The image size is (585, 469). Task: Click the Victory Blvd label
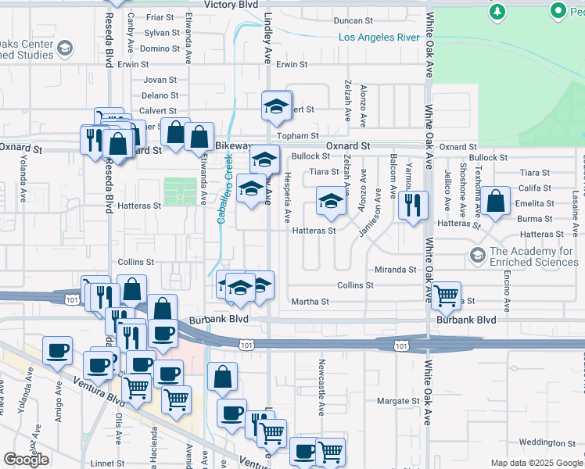pos(230,5)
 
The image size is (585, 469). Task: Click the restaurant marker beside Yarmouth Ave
pos(413,205)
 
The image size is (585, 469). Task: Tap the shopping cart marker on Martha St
pos(445,295)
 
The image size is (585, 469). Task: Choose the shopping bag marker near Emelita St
pos(496,200)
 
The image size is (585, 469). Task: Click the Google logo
pos(26,460)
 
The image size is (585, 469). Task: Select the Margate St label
pos(399,401)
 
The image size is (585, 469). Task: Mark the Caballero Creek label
pos(224,188)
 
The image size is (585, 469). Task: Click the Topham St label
pos(298,136)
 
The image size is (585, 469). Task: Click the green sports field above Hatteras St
pos(181,192)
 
